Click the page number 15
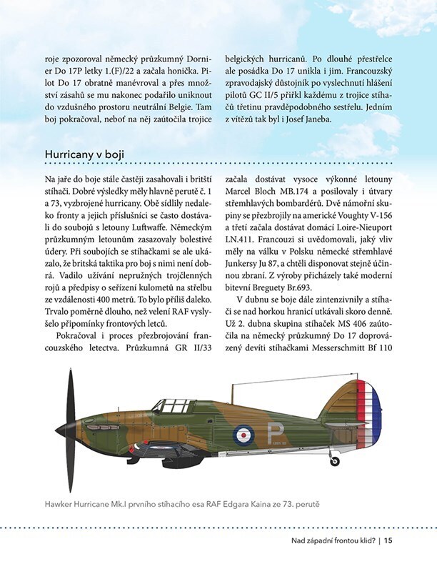click(388, 541)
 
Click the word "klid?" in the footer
click(365, 541)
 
